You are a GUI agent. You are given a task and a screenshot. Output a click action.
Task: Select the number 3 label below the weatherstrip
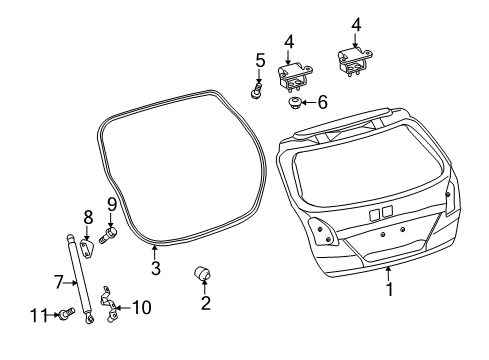pyautogui.click(x=155, y=269)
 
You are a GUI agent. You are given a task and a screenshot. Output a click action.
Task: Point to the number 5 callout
pyautogui.click(x=259, y=62)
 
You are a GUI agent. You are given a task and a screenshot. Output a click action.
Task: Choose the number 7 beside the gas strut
pyautogui.click(x=57, y=283)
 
